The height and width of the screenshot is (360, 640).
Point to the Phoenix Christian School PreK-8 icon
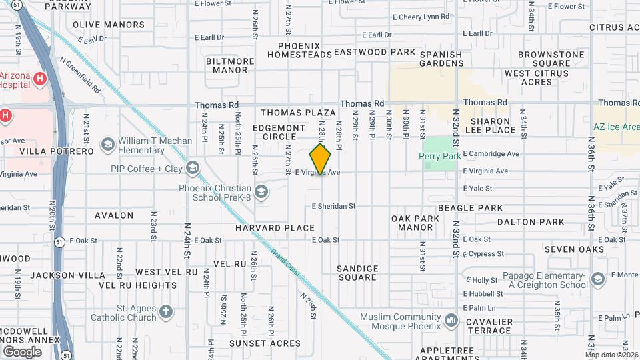[x=262, y=193]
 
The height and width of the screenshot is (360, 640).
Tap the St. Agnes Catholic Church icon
[x=166, y=311]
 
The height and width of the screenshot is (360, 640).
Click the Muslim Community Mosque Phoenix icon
[x=453, y=321]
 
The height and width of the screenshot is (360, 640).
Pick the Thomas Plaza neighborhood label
[x=298, y=113]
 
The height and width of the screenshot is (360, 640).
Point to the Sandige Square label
[x=357, y=273]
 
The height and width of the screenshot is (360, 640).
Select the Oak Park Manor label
[x=415, y=223]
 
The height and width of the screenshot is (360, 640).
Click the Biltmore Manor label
[x=231, y=65]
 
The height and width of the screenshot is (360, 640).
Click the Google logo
[x=22, y=351]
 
